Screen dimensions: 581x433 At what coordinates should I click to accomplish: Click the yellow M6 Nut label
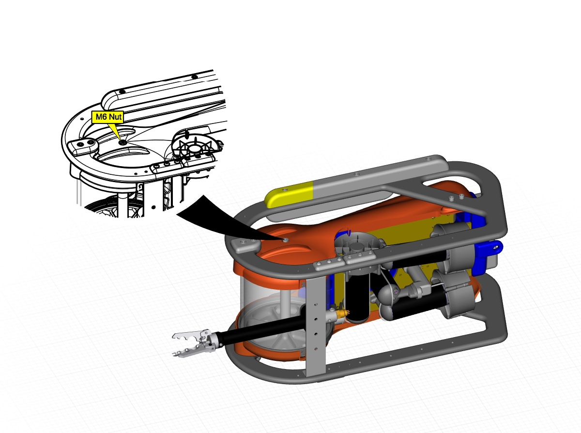coord(107,117)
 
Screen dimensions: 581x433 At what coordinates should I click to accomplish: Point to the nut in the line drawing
coord(122,142)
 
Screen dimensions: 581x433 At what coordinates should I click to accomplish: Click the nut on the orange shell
coord(286,240)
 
